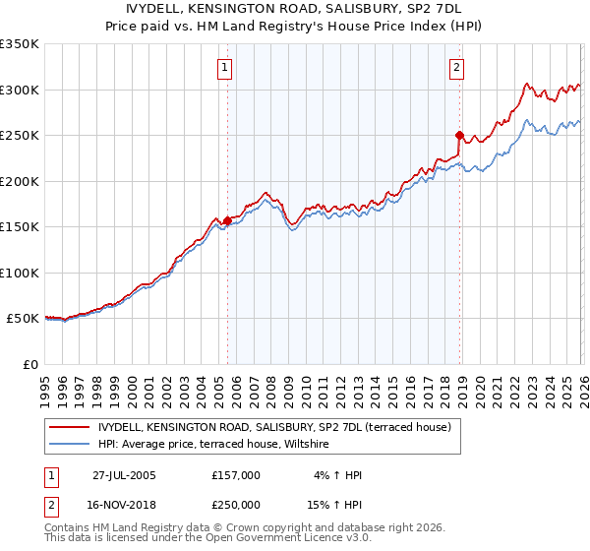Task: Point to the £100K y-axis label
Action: coord(20,273)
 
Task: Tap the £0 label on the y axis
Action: coord(30,364)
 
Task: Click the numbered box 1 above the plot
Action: coord(226,68)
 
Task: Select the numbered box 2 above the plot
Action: coord(457,68)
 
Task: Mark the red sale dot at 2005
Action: coord(227,220)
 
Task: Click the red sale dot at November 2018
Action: coord(459,135)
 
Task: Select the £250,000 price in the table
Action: coord(235,504)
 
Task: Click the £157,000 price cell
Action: coord(235,475)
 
